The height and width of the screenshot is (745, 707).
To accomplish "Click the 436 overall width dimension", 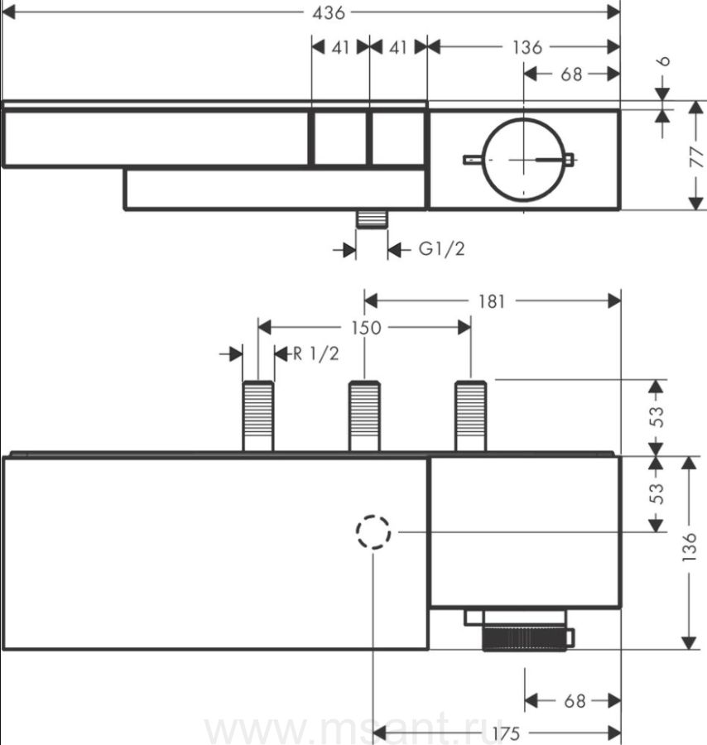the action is click(329, 12).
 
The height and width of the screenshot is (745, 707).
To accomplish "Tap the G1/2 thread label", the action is click(441, 248).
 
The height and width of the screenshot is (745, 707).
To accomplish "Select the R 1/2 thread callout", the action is click(315, 353).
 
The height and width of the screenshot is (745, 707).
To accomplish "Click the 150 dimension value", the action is click(366, 327).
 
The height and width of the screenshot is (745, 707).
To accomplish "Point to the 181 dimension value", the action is click(491, 301).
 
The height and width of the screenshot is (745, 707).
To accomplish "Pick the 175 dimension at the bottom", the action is click(506, 733).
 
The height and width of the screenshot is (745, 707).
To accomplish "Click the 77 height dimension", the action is click(696, 156).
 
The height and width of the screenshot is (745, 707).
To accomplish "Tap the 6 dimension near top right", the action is click(664, 60).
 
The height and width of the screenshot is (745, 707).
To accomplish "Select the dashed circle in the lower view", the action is click(373, 531).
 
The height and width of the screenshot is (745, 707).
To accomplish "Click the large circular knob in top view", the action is click(524, 160).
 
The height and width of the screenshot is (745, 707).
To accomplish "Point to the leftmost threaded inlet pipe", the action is click(258, 416).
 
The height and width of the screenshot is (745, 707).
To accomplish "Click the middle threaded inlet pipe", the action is click(364, 416).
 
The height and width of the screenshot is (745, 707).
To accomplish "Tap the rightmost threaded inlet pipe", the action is click(471, 416).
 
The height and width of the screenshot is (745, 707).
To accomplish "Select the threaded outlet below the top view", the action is click(372, 219).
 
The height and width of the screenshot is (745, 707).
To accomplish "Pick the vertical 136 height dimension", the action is click(689, 547).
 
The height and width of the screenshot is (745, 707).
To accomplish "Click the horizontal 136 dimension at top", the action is click(527, 47).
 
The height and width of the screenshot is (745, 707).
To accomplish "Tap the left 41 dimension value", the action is click(340, 47).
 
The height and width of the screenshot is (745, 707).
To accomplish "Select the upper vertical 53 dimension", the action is click(656, 416).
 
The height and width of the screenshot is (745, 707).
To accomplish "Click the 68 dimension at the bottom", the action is click(575, 701).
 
